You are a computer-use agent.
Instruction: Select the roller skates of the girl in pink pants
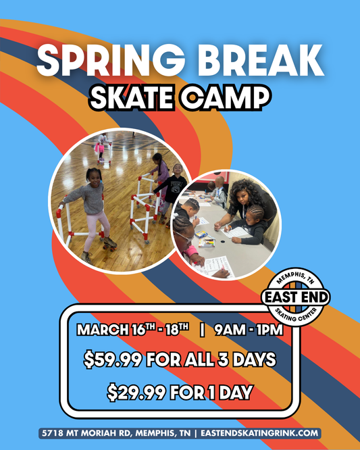coord(108,242)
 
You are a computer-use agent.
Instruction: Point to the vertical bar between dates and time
coord(201,331)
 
